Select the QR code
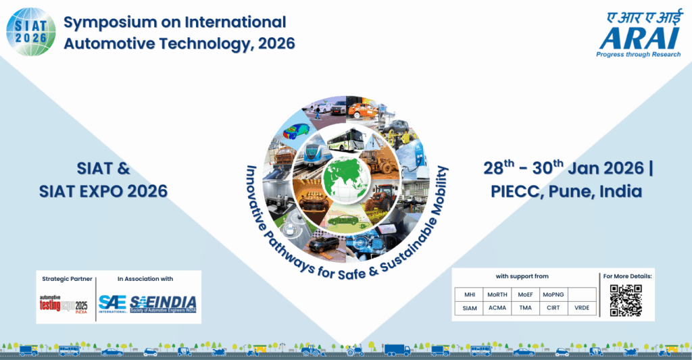click(625, 301)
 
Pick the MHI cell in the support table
click(470, 294)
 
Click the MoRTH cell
click(497, 294)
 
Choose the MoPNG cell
click(553, 294)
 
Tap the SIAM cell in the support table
click(470, 308)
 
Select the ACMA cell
click(497, 308)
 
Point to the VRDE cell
click(582, 308)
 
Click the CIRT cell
click(553, 308)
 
